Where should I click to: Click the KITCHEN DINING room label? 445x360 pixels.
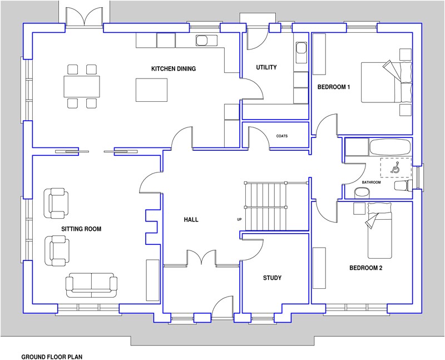tap(174, 68)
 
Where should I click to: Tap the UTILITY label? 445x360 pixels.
tap(266, 67)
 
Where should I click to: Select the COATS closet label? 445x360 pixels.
tap(282, 136)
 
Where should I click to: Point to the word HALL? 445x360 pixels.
tap(191, 219)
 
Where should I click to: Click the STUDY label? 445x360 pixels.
tap(272, 278)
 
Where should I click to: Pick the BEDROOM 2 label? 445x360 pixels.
tap(365, 268)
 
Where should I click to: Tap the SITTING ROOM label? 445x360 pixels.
tap(81, 229)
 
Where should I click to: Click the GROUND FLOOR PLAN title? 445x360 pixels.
tap(52, 357)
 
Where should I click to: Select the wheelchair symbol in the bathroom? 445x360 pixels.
tap(395, 168)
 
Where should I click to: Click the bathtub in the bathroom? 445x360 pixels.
tap(390, 146)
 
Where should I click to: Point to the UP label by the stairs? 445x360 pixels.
tap(239, 219)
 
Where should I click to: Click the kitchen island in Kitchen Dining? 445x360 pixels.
tap(151, 90)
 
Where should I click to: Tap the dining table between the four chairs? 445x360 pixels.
tap(82, 86)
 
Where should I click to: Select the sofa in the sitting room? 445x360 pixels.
tap(91, 285)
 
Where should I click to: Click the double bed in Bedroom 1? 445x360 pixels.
tap(386, 82)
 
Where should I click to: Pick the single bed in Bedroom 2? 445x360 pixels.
tap(380, 230)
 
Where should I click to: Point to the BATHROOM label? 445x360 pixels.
tap(371, 183)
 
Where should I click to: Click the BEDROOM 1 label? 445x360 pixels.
tap(333, 87)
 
